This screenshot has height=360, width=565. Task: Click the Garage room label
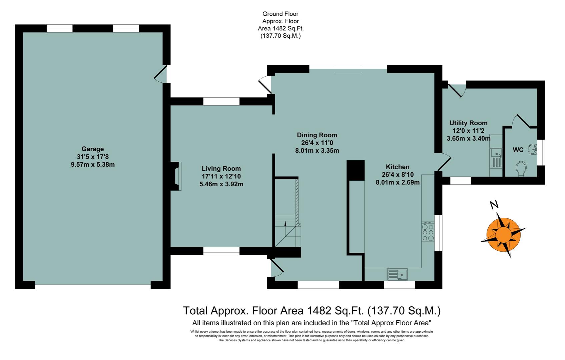pyautogui.click(x=93, y=149)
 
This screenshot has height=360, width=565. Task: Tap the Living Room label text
pyautogui.click(x=221, y=169)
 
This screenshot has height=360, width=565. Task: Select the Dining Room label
pyautogui.click(x=317, y=135)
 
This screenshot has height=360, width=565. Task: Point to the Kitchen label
pyautogui.click(x=398, y=167)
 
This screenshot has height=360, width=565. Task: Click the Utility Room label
pyautogui.click(x=468, y=123)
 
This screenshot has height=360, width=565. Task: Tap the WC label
pyautogui.click(x=518, y=150)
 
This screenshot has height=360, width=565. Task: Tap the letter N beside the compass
pyautogui.click(x=494, y=205)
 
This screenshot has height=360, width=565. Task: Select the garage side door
pyautogui.click(x=161, y=74)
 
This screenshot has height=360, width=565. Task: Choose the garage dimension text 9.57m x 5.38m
pyautogui.click(x=93, y=164)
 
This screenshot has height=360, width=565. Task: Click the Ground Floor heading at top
pyautogui.click(x=280, y=14)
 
